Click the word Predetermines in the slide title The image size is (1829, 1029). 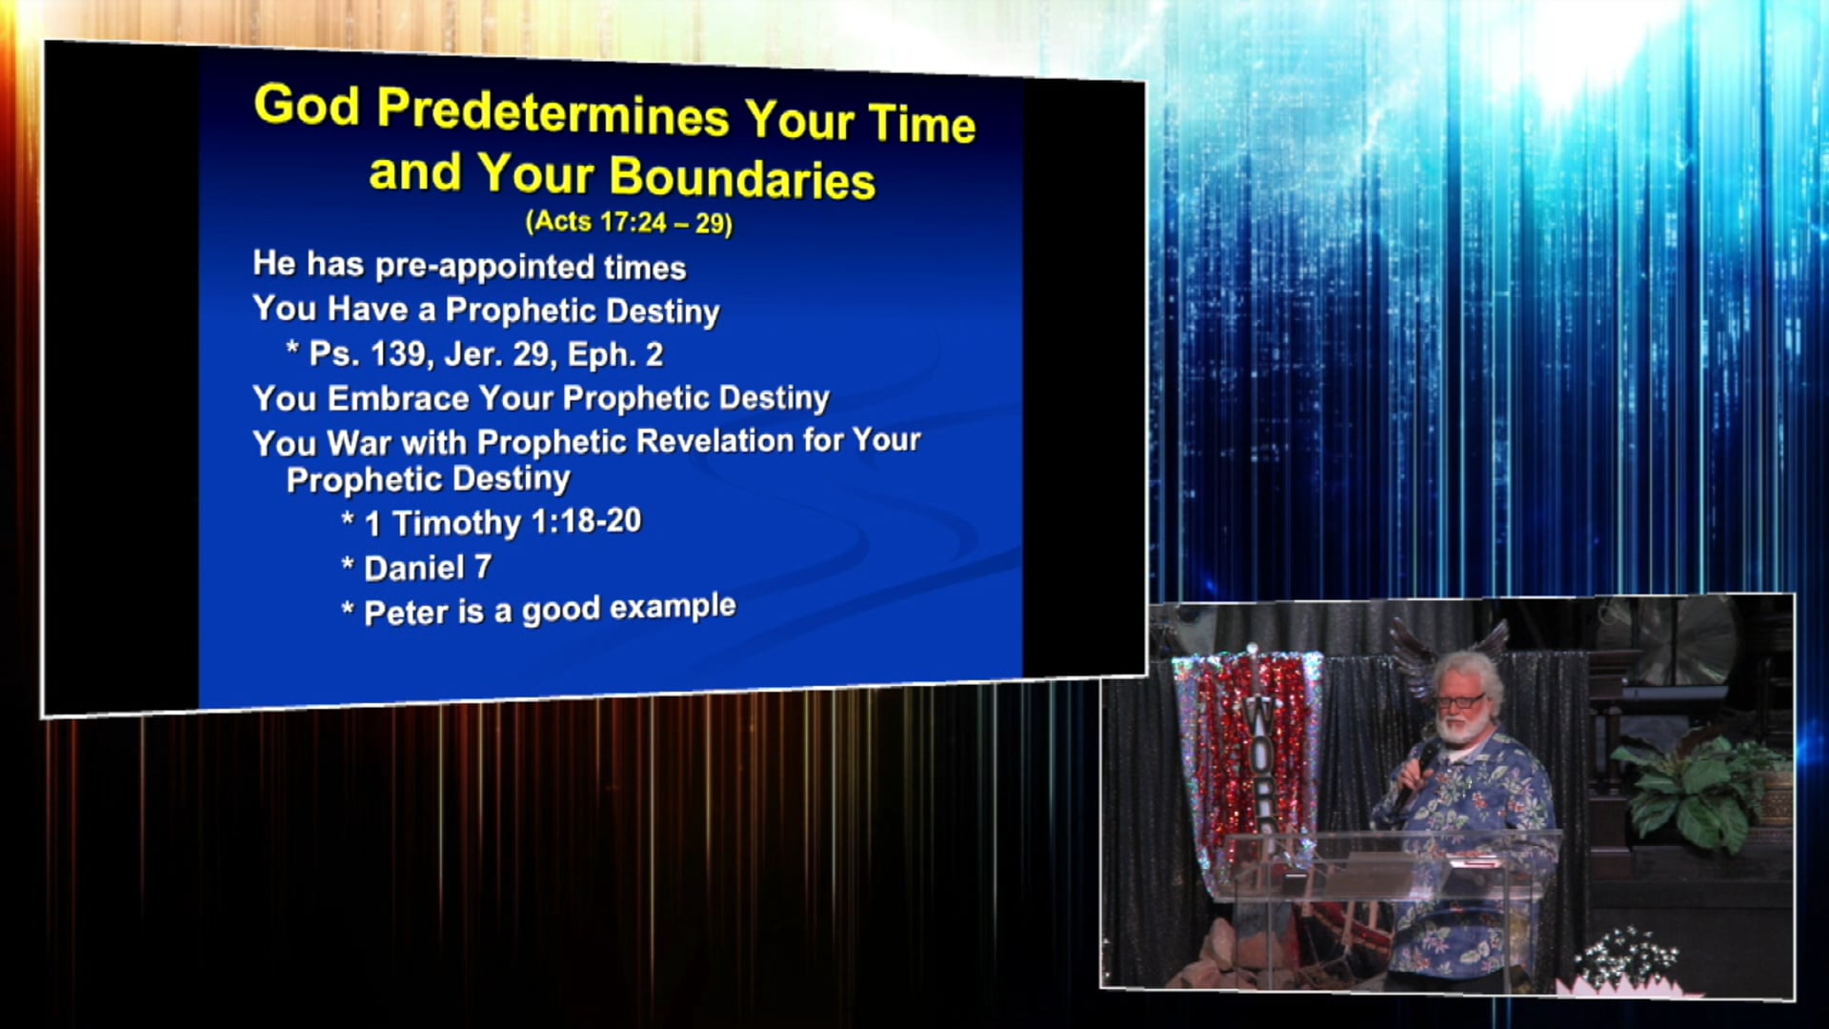point(553,112)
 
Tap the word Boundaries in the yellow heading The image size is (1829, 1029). point(742,178)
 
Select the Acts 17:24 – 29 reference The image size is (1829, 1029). point(629,222)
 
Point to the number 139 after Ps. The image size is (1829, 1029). point(397,354)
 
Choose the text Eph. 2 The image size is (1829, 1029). point(615,354)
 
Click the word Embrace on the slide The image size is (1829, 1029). point(398,398)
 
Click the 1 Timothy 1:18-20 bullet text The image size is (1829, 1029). point(503,522)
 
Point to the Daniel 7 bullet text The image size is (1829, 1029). point(428,568)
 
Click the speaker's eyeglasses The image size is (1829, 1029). point(1458,702)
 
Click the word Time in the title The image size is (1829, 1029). point(922,125)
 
